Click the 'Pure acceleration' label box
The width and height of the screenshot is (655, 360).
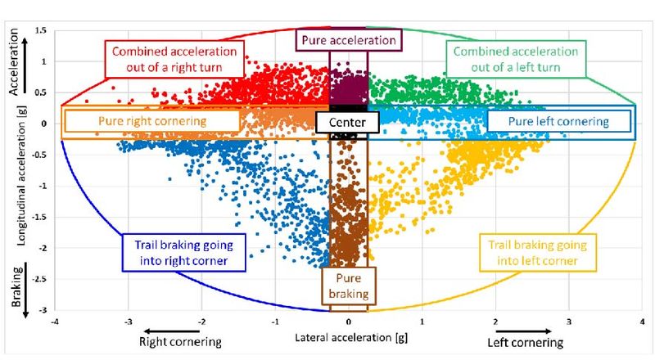tap(349, 40)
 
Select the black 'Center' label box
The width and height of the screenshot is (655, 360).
tap(347, 123)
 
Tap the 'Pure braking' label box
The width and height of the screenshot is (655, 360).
tap(349, 286)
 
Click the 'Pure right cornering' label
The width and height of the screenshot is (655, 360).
tap(152, 121)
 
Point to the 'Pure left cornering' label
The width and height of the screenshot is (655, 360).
tap(559, 122)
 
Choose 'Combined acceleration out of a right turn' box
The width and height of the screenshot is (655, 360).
tap(174, 59)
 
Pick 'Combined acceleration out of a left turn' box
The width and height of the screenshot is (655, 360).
tap(516, 59)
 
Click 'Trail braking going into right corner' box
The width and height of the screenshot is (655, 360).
tap(183, 253)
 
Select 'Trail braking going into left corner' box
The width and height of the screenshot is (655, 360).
tap(538, 253)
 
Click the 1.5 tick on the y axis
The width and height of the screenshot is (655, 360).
tap(41, 30)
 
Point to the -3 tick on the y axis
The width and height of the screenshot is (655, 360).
tap(43, 310)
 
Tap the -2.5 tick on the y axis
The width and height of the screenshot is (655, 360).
tap(40, 279)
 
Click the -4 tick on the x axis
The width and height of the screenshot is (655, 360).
tap(55, 322)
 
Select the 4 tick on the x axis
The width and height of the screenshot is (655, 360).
tap(642, 322)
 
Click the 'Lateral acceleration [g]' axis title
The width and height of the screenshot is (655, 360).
tap(351, 337)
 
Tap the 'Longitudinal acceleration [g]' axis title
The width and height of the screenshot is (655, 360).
tap(22, 175)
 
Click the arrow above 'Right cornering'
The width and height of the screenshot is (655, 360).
tap(171, 331)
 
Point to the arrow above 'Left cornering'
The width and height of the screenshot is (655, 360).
tap(524, 331)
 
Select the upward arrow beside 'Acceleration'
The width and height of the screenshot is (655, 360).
tap(25, 65)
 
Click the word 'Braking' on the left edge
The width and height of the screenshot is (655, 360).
tap(16, 286)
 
